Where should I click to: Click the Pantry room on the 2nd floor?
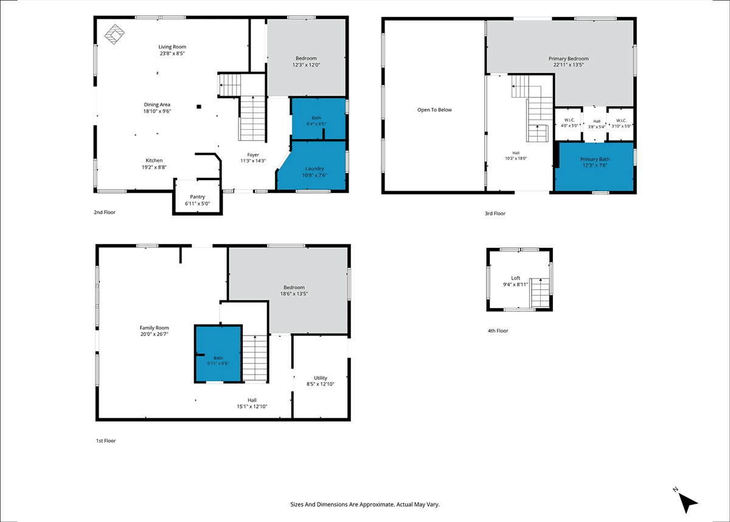pyautogui.click(x=198, y=197)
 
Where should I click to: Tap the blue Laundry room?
pyautogui.click(x=313, y=166)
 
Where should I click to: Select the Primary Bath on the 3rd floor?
pyautogui.click(x=594, y=166)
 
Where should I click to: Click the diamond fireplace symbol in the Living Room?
pyautogui.click(x=114, y=34)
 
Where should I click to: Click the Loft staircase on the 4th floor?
pyautogui.click(x=540, y=292)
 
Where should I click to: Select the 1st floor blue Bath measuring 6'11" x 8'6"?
pyautogui.click(x=218, y=354)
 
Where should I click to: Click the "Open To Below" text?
pyautogui.click(x=434, y=110)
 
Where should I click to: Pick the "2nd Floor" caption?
pyautogui.click(x=105, y=213)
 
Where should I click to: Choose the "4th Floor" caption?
pyautogui.click(x=498, y=331)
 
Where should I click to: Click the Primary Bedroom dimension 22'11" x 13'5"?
pyautogui.click(x=568, y=65)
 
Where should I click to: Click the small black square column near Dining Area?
pyautogui.click(x=199, y=107)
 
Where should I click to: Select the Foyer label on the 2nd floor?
pyautogui.click(x=253, y=155)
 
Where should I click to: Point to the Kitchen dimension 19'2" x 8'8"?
pyautogui.click(x=154, y=168)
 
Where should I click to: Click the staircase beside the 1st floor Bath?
pyautogui.click(x=255, y=358)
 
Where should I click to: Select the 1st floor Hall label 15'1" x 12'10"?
pyautogui.click(x=252, y=403)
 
